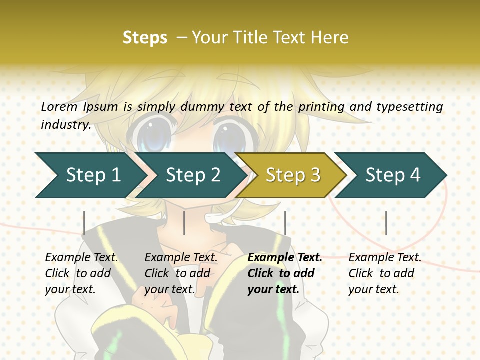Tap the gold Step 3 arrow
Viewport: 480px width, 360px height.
tap(293, 175)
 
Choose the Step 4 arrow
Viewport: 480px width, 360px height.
tap(393, 175)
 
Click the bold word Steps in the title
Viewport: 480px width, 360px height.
tap(145, 37)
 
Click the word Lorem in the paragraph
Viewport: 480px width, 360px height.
tap(59, 106)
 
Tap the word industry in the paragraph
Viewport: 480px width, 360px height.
tap(65, 124)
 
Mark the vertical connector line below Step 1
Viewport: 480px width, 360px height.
tap(84, 223)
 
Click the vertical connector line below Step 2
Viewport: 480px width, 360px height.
tap(184, 223)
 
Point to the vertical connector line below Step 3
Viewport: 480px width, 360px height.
tap(285, 223)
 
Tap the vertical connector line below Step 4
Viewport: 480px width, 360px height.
tap(386, 223)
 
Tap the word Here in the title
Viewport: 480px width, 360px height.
tap(330, 37)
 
